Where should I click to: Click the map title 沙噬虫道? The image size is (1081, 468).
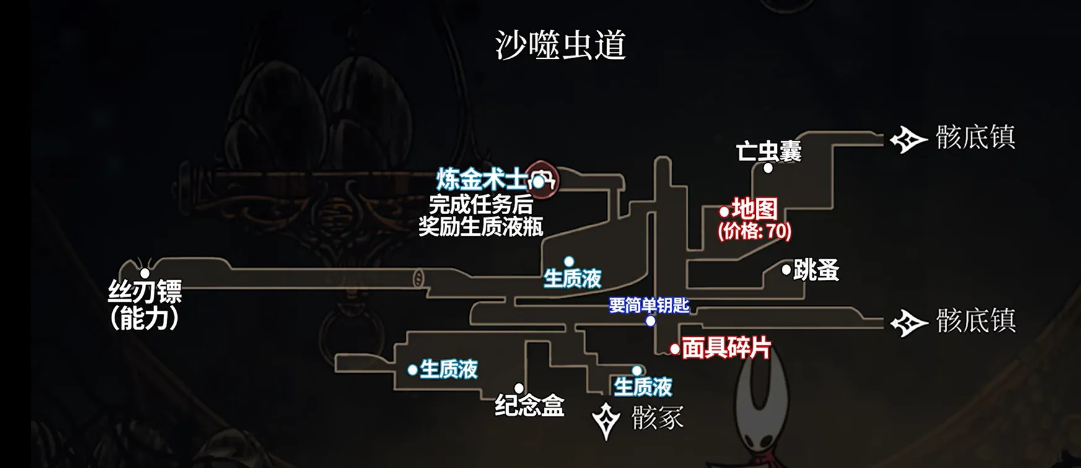tap(560, 45)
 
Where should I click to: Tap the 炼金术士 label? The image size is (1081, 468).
tap(481, 180)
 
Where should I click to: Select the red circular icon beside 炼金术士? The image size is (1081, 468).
tap(542, 180)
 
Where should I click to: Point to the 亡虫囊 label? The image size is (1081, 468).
tap(769, 151)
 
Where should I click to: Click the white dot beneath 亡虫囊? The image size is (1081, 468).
tap(768, 168)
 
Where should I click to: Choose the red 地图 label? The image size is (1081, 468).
tap(755, 209)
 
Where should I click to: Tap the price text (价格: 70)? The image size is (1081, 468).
tap(755, 232)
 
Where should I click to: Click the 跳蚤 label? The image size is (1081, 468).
tap(816, 270)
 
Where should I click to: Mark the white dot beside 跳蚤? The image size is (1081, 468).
tap(786, 270)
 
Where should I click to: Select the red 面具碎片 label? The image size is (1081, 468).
tap(726, 349)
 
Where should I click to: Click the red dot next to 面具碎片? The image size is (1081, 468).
tap(675, 350)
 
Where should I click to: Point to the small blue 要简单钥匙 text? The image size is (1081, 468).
tap(649, 305)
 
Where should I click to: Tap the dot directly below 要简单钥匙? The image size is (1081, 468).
tap(650, 321)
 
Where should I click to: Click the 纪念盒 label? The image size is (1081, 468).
tap(530, 406)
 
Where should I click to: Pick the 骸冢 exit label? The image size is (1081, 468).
tap(657, 419)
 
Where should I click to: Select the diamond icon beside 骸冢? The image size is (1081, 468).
tap(606, 421)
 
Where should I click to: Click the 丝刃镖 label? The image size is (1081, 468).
tap(145, 292)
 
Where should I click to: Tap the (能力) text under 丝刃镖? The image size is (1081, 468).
tap(145, 318)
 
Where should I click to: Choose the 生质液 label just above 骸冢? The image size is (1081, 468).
tap(643, 387)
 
